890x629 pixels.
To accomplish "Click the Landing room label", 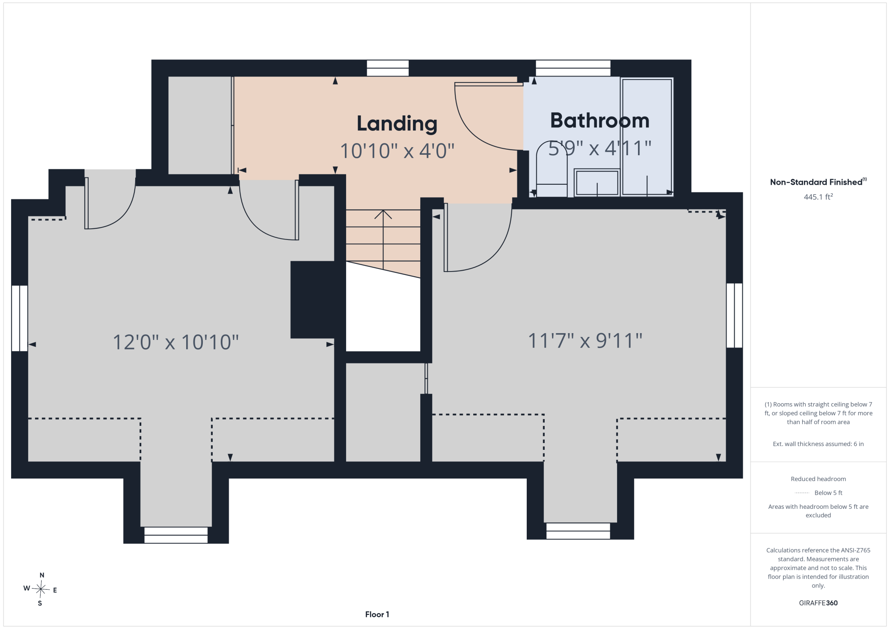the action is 397,124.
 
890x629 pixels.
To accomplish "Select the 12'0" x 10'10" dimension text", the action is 175,342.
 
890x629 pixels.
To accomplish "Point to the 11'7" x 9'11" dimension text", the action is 585,341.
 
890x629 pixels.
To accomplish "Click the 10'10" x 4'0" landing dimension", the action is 397,151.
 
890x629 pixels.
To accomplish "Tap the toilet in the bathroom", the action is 552,169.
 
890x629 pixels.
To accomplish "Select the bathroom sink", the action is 597,183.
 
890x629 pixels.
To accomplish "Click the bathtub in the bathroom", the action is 647,137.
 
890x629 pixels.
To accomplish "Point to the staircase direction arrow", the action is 383,239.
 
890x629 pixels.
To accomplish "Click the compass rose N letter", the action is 42,575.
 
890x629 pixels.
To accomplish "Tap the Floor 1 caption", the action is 377,614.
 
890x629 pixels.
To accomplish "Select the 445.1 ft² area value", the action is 818,197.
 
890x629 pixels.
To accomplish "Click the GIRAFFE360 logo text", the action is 818,603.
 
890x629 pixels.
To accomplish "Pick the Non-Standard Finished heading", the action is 818,182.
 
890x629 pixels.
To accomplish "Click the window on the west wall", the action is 20,318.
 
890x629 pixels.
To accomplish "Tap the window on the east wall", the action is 734,315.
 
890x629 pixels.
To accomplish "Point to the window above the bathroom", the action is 573,68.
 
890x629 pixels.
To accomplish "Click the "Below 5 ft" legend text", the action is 828,493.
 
